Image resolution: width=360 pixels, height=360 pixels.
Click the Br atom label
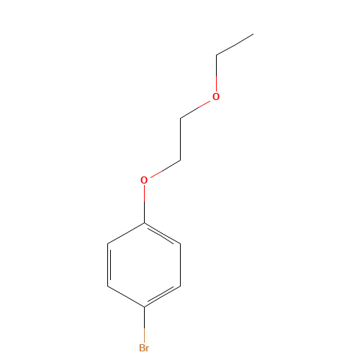tap(144, 348)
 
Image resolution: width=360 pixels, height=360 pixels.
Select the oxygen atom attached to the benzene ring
tap(144, 180)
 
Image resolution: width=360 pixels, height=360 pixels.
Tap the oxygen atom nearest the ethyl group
tap(216, 96)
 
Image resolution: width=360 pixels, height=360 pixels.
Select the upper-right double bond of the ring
tap(163, 234)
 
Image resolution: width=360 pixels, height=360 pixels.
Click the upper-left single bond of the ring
tap(126, 234)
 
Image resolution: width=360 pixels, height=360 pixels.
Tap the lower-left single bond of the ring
tap(126, 297)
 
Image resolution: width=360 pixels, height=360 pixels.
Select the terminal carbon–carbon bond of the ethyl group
tap(235, 45)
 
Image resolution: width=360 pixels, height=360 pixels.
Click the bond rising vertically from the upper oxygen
tap(216, 74)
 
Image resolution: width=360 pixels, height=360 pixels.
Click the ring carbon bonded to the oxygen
tap(144, 223)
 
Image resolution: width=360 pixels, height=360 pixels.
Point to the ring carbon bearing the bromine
tap(144, 307)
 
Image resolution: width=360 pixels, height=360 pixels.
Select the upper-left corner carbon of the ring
tap(108, 245)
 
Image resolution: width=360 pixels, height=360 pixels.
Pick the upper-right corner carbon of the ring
tap(180, 245)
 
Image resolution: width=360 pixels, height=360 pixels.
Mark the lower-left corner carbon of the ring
tap(108, 286)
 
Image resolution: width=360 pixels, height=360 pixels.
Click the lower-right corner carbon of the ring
tap(180, 286)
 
